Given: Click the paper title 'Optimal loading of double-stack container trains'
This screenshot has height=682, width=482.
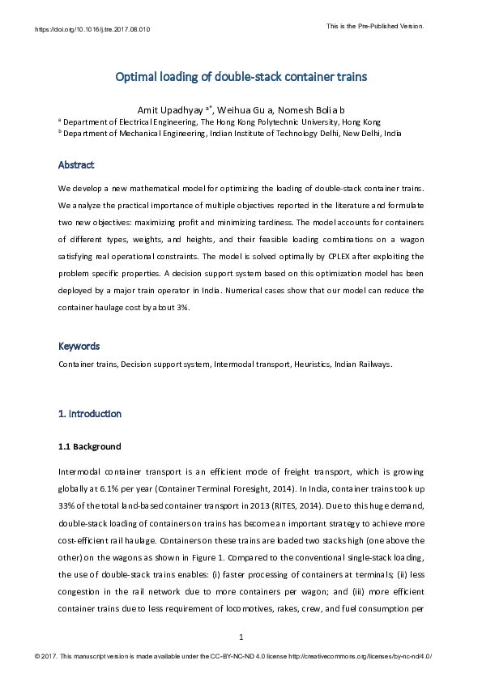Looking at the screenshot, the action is [x=241, y=78].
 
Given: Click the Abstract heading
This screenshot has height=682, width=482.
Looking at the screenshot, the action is [x=76, y=165].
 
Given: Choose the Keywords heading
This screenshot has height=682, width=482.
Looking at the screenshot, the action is [x=79, y=346].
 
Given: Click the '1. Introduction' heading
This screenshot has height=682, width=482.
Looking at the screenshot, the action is [x=90, y=414].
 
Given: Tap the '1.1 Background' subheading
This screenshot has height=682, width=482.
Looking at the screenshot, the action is [x=89, y=446].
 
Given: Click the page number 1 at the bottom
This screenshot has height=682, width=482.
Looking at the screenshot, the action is [x=241, y=637].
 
